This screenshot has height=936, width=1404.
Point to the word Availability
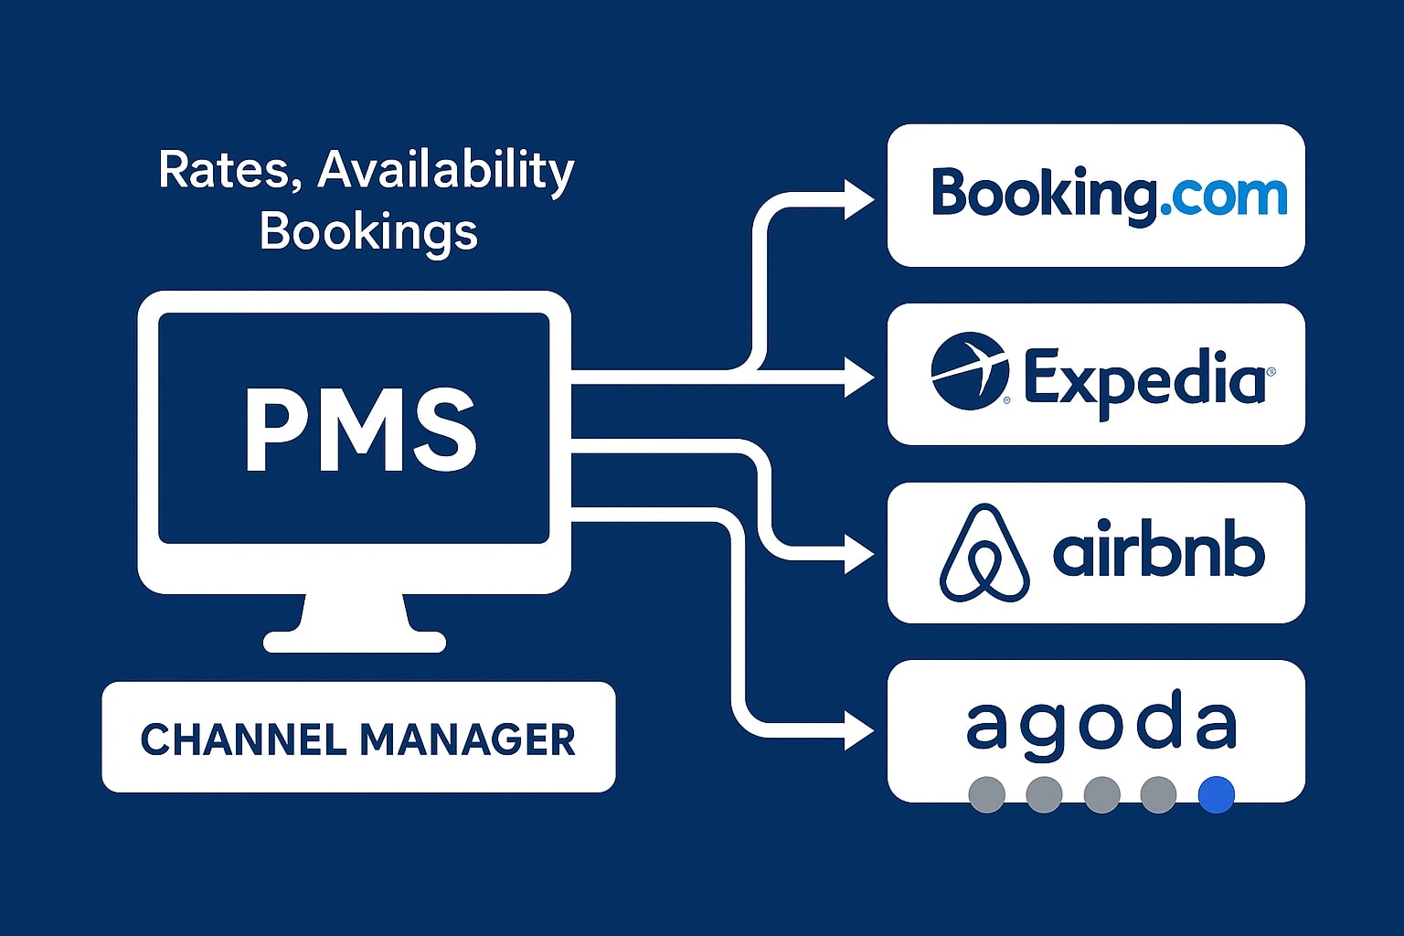446,172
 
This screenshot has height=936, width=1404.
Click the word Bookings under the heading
368,231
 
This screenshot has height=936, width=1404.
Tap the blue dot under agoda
1216,794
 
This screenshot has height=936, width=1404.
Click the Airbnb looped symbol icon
984,553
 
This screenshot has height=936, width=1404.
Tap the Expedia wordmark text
1146,378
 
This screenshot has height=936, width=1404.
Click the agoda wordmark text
1101,724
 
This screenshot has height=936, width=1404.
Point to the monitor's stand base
355,641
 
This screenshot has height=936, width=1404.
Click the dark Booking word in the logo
1041,196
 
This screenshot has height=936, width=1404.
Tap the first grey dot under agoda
986,794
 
